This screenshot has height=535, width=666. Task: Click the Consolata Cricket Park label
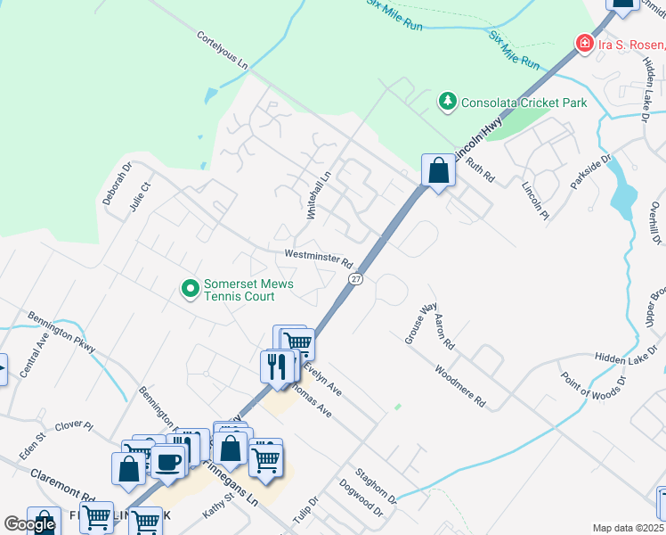pos(524,103)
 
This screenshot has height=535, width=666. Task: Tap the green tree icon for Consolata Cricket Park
pos(448,102)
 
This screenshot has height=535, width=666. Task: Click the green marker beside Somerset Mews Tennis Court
pos(190,289)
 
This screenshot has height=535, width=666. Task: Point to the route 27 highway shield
pos(355,279)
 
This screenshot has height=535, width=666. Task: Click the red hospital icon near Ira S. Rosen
pos(585,43)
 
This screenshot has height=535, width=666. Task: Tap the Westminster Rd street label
pos(320,259)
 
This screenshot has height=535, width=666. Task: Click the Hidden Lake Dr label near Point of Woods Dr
pos(624,356)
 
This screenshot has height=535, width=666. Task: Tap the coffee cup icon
pos(167,462)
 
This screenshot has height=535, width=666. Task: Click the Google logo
pos(30,524)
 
